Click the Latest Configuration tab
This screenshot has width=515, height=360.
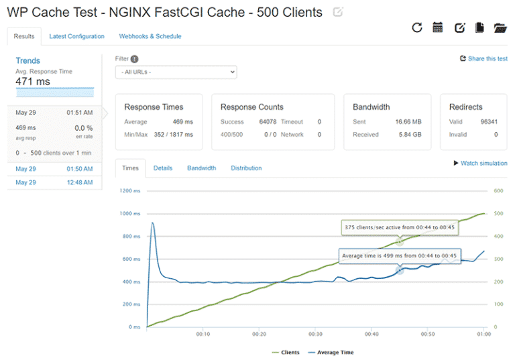click(x=76, y=36)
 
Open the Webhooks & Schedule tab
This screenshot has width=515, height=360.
click(x=150, y=36)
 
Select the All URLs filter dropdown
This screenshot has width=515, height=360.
click(x=176, y=72)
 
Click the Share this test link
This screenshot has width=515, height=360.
click(x=483, y=59)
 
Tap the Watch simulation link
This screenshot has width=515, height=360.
click(x=481, y=163)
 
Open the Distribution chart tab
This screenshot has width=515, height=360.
click(x=246, y=168)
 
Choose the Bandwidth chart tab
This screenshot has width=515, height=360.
click(x=201, y=168)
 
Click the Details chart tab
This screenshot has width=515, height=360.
click(x=163, y=168)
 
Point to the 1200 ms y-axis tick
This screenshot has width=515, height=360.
click(x=130, y=191)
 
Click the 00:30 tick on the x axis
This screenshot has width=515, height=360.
click(x=315, y=333)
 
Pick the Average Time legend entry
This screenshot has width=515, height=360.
click(x=334, y=352)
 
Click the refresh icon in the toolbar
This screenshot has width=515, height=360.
click(x=417, y=27)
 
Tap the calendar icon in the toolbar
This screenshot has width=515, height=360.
click(x=438, y=27)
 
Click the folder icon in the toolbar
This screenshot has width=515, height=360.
click(x=500, y=27)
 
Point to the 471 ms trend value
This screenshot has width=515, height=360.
click(x=33, y=82)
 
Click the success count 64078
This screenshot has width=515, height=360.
click(x=267, y=122)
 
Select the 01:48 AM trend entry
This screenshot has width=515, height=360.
click(x=54, y=182)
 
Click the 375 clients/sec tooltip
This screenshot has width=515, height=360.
click(x=399, y=227)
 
